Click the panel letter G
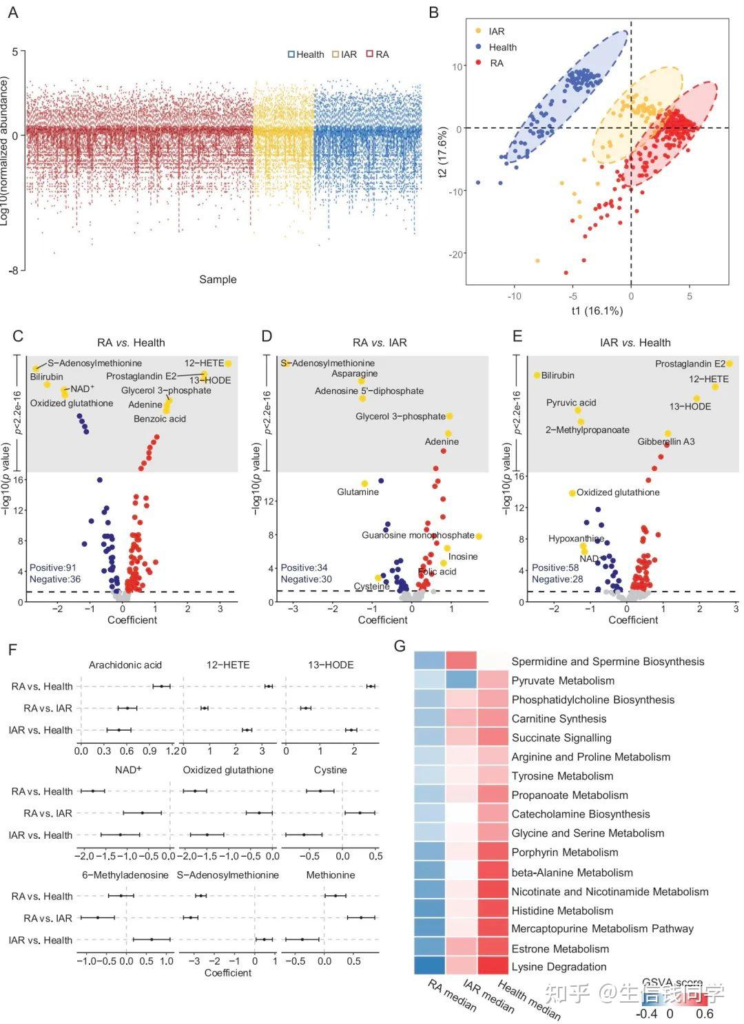[x=400, y=646]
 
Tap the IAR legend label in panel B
[x=497, y=32]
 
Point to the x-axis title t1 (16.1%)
[x=597, y=311]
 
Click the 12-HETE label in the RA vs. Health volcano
[x=204, y=363]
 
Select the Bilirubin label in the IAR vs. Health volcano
[x=557, y=375]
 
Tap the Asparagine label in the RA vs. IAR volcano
[x=355, y=374]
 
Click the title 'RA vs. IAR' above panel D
[x=380, y=342]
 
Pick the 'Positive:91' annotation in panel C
[x=53, y=567]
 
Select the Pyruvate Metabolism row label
[x=563, y=680]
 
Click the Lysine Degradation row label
[x=559, y=967]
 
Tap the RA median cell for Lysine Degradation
[x=430, y=965]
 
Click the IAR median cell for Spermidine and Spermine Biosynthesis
[x=462, y=660]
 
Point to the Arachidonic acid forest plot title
[x=125, y=665]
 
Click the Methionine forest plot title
[x=331, y=875]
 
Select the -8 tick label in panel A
[x=13, y=271]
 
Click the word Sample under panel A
[x=218, y=280]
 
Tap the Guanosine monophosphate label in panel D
[x=418, y=535]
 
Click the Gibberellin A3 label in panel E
[x=665, y=441]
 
